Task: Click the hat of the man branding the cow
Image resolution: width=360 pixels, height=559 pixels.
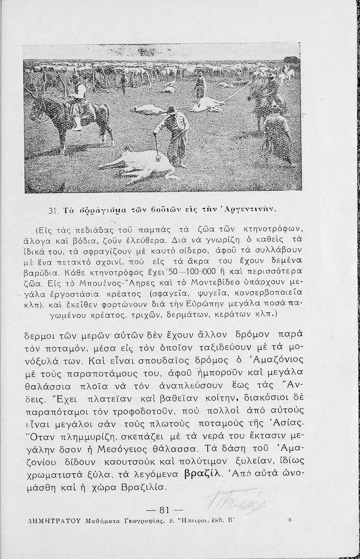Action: tap(171, 110)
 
